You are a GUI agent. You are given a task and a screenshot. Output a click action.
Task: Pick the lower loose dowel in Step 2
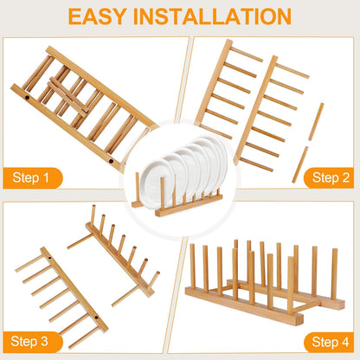(x=299, y=164)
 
